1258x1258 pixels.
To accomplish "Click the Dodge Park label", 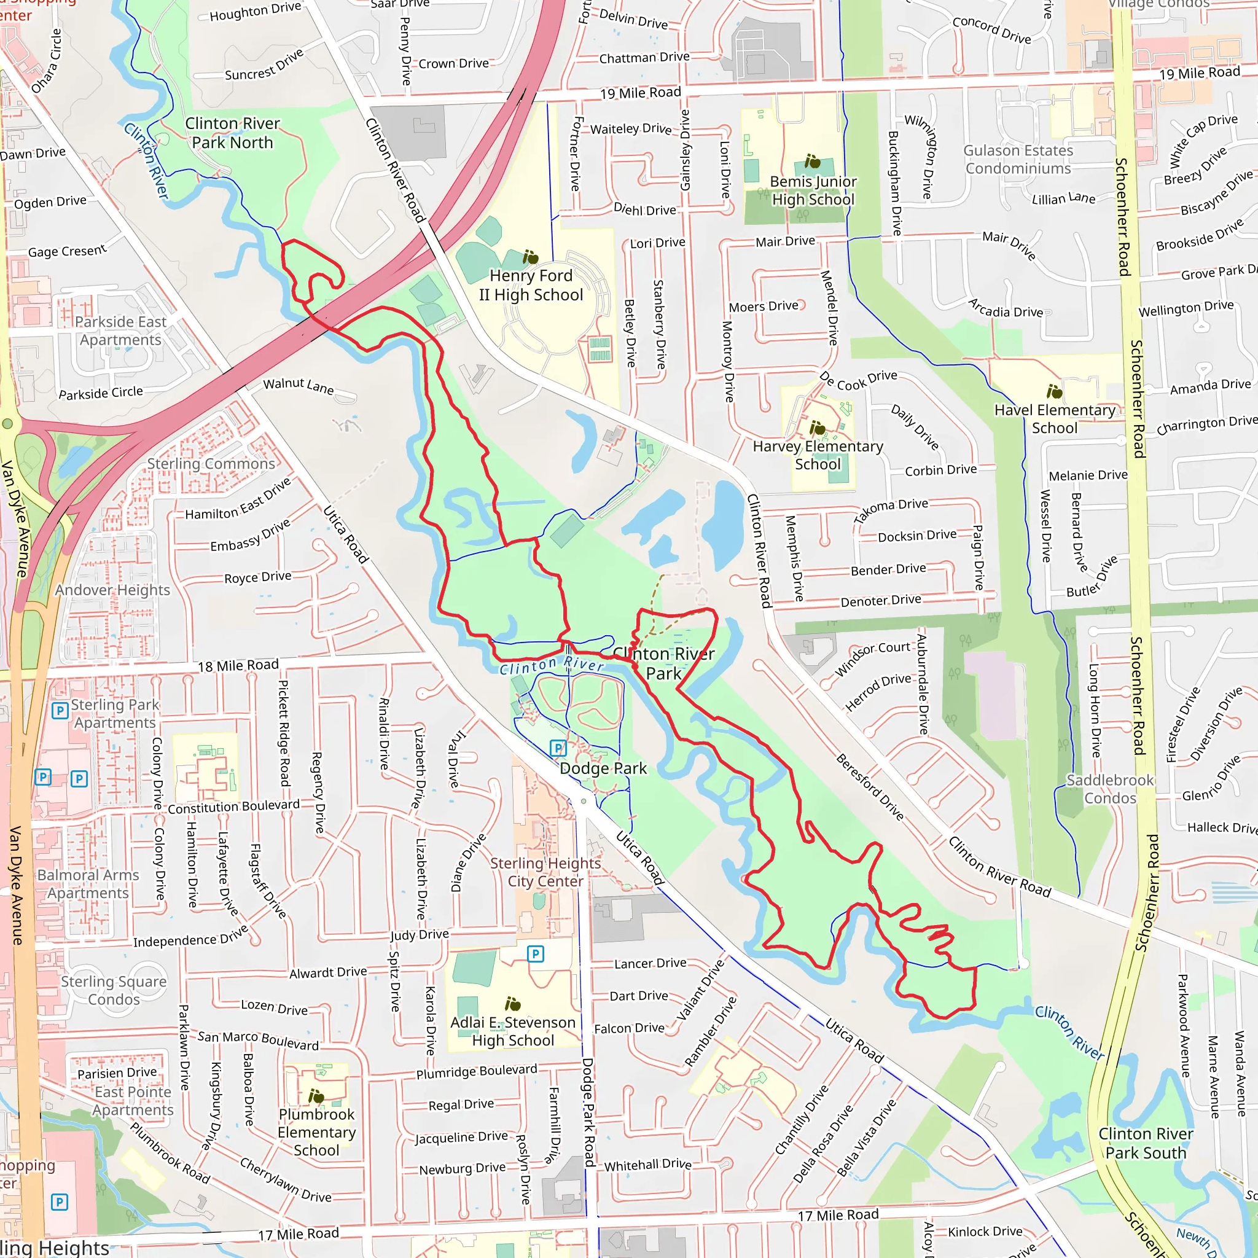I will tap(603, 768).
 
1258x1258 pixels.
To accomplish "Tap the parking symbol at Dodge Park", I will tap(558, 748).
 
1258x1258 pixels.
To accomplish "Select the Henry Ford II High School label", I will tap(531, 285).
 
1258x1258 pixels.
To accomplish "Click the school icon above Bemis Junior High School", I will tap(812, 161).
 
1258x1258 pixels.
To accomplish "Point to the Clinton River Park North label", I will tap(232, 133).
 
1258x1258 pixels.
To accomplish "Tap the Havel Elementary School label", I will tap(1054, 419).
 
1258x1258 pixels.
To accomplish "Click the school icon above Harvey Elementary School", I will tap(817, 428).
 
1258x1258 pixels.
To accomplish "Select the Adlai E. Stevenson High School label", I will tap(513, 1031).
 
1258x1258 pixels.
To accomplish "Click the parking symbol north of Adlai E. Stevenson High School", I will tap(535, 954).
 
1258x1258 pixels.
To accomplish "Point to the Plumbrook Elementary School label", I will tap(316, 1132).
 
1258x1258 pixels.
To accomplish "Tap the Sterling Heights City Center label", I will tap(545, 872).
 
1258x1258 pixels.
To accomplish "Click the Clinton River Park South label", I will tap(1146, 1143).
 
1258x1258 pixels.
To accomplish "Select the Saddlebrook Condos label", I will tap(1109, 789).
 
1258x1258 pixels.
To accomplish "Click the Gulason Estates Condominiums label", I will tap(1018, 160).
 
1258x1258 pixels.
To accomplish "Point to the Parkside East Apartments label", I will tap(120, 331).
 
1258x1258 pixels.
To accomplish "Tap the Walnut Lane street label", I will tap(298, 386).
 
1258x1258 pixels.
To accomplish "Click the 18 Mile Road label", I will tap(238, 665).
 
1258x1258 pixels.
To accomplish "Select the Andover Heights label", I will tap(112, 590).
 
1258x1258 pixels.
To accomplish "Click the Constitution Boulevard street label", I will tap(234, 807).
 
